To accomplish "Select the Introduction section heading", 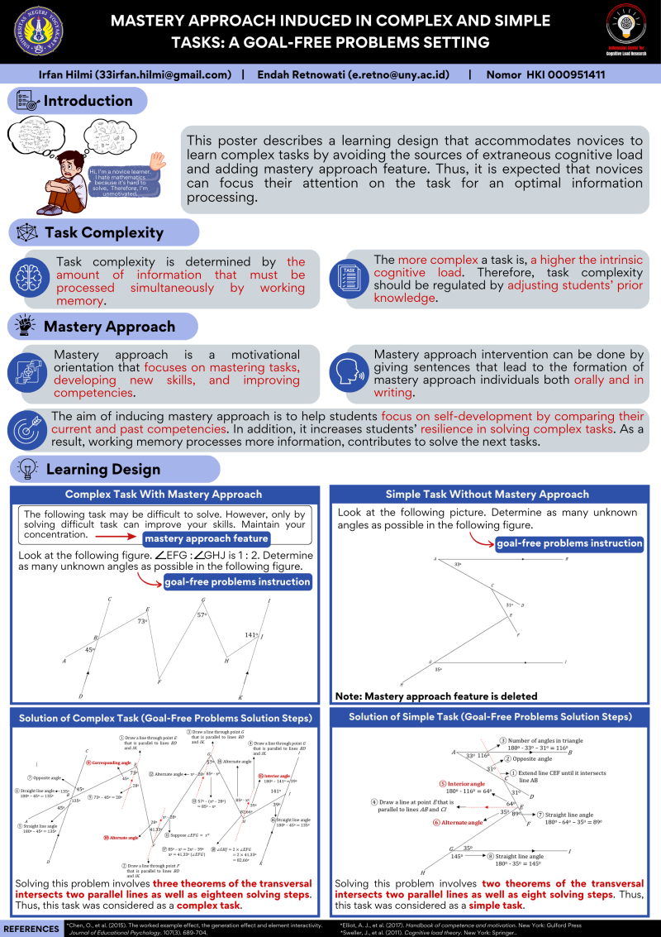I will tap(88, 101).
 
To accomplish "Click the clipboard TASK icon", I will tap(347, 277).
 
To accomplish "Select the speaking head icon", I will tap(346, 373).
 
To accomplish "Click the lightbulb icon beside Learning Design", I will tap(26, 469).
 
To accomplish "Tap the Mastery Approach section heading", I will tap(97, 326).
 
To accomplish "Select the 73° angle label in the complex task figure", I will tap(142, 620).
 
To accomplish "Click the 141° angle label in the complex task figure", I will tap(251, 635).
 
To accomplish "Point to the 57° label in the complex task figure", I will tap(201, 614).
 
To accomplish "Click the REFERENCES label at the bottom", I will tap(31, 928).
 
